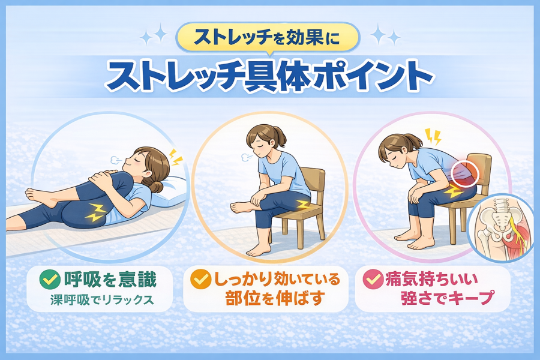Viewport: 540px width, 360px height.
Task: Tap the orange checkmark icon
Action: [201, 279]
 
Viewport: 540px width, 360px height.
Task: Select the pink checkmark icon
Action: [373, 280]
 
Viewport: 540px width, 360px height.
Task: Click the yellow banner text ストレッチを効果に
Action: [267, 38]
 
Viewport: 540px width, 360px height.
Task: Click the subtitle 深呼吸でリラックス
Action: [102, 300]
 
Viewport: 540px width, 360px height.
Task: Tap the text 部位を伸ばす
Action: [275, 298]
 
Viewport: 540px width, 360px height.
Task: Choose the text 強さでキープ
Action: [447, 298]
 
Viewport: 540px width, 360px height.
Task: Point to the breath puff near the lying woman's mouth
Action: [116, 160]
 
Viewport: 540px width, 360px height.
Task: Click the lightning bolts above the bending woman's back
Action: [433, 137]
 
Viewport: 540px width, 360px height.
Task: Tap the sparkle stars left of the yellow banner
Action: [154, 35]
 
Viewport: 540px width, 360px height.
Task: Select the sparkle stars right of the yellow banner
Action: [385, 34]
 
